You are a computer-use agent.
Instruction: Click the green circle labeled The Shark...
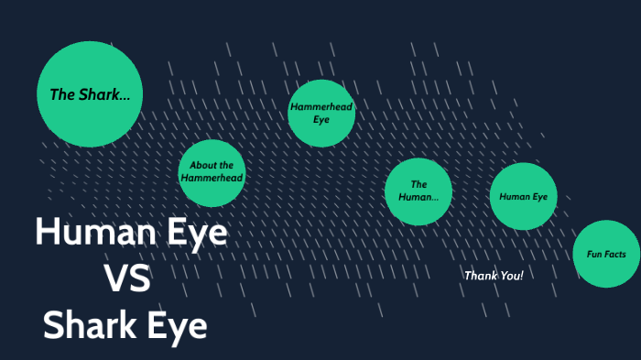click(x=90, y=94)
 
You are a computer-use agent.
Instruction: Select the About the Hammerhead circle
click(x=212, y=171)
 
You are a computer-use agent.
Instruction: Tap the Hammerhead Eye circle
click(x=321, y=113)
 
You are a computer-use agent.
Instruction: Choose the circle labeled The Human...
click(x=418, y=191)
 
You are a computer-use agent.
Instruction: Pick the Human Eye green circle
click(x=524, y=196)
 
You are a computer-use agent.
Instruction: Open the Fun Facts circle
click(x=606, y=254)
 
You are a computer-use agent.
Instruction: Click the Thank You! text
click(x=494, y=275)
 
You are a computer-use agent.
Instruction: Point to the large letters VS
click(x=127, y=278)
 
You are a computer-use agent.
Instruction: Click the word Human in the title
click(x=87, y=233)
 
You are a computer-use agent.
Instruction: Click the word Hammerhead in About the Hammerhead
click(x=212, y=178)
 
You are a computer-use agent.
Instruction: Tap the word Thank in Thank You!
click(x=481, y=275)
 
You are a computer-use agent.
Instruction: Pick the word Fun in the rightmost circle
click(x=592, y=254)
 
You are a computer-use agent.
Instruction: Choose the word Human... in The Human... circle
click(x=418, y=197)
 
